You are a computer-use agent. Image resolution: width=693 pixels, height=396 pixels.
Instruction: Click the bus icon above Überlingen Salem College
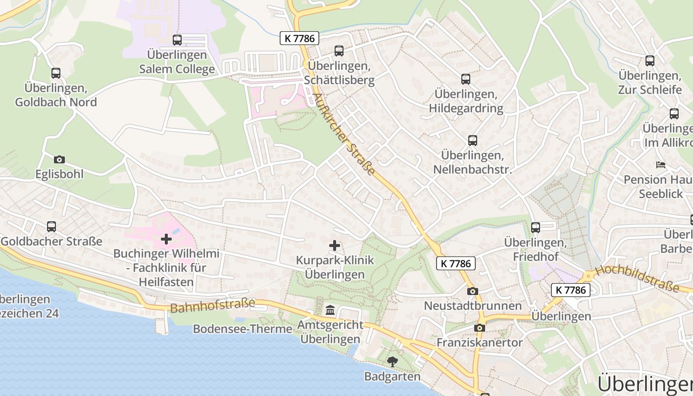(x=177, y=40)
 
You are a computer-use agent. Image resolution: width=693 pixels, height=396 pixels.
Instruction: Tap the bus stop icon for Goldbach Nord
(x=56, y=73)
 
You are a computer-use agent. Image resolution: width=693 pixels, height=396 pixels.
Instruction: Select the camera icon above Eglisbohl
(x=59, y=159)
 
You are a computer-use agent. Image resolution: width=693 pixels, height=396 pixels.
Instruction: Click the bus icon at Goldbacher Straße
(x=51, y=227)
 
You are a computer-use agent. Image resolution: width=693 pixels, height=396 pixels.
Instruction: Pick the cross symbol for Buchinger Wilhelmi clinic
(x=166, y=240)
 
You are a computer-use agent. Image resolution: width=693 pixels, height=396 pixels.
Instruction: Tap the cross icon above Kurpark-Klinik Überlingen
(x=335, y=246)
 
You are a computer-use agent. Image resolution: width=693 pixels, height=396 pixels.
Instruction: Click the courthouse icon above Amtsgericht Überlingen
(x=330, y=311)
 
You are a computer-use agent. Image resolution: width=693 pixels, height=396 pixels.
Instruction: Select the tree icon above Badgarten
(x=393, y=362)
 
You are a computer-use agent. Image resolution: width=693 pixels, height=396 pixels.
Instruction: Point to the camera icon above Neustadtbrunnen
(x=473, y=291)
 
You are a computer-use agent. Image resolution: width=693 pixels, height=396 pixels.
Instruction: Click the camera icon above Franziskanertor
(x=479, y=328)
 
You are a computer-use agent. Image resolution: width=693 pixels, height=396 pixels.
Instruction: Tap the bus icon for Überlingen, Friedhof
(x=535, y=228)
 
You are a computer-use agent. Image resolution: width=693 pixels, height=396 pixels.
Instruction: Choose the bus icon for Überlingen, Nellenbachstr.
(x=472, y=141)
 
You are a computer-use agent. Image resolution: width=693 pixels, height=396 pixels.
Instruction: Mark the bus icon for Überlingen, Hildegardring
(x=465, y=79)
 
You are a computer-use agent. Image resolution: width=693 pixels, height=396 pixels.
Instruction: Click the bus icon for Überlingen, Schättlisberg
(x=339, y=51)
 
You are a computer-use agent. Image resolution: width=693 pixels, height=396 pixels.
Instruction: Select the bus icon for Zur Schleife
(x=649, y=61)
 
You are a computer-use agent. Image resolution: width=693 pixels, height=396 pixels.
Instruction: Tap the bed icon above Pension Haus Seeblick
(x=660, y=165)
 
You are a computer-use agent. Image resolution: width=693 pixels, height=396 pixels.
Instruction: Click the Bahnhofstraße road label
(x=212, y=305)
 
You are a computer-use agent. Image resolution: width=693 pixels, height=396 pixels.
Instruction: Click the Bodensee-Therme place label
(x=243, y=329)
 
